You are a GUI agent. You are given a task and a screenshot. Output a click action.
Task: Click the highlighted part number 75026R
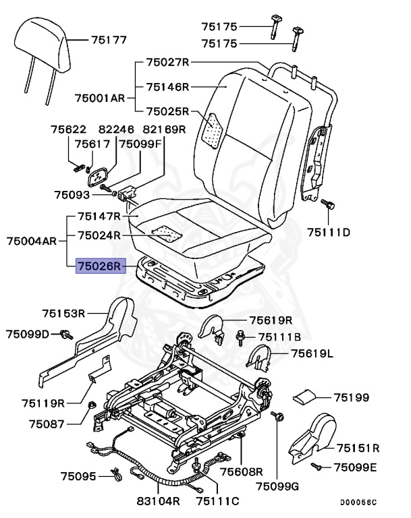pyautogui.click(x=99, y=266)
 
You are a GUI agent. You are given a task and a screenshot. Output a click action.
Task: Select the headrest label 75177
pyautogui.click(x=109, y=40)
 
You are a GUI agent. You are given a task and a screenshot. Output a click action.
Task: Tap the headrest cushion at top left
pyautogui.click(x=43, y=40)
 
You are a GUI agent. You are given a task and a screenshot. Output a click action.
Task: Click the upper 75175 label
pyautogui.click(x=219, y=27)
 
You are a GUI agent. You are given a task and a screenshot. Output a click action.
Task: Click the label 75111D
pyautogui.click(x=329, y=233)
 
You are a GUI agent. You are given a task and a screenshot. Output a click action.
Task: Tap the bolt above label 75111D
pyautogui.click(x=328, y=204)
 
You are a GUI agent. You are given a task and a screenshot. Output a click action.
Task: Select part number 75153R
pyautogui.click(x=63, y=313)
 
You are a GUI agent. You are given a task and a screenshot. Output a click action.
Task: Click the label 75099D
pyautogui.click(x=28, y=334)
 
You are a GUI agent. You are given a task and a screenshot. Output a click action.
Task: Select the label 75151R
pyautogui.click(x=358, y=448)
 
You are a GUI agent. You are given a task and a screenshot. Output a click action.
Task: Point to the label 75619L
pyautogui.click(x=312, y=353)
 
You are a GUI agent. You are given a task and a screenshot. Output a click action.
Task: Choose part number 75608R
pyautogui.click(x=241, y=472)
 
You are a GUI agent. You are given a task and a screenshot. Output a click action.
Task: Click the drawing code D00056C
pyautogui.click(x=358, y=502)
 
